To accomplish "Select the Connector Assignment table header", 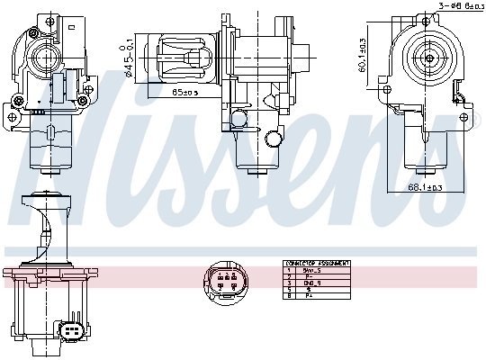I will (x=316, y=264).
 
